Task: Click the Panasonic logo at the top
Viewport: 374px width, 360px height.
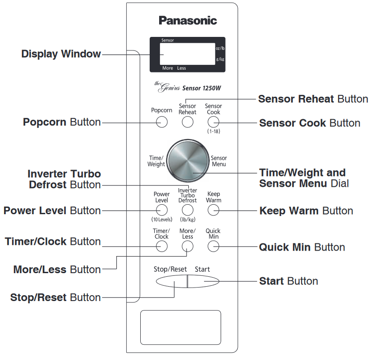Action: pyautogui.click(x=187, y=20)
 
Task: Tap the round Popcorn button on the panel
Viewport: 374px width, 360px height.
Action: pyautogui.click(x=162, y=122)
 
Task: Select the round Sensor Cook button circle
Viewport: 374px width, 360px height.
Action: pyautogui.click(x=213, y=122)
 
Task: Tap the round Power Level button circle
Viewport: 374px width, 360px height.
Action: pyautogui.click(x=162, y=210)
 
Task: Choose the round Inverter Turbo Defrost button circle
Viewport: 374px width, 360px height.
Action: pyautogui.click(x=187, y=210)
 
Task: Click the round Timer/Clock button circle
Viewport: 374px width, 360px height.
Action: pyautogui.click(x=162, y=246)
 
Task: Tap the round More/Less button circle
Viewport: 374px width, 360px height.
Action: pyautogui.click(x=187, y=246)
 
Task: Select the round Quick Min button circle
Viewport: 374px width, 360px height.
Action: pyautogui.click(x=213, y=246)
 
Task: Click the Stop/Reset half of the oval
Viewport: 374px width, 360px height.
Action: pyautogui.click(x=171, y=281)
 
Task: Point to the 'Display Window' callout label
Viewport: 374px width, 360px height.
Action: pyautogui.click(x=61, y=54)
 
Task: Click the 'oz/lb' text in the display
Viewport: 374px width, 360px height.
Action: pyautogui.click(x=220, y=48)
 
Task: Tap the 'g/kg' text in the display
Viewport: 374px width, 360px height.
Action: pyautogui.click(x=220, y=59)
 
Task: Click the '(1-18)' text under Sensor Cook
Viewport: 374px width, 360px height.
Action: pyautogui.click(x=213, y=131)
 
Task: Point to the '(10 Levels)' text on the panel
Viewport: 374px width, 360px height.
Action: pyautogui.click(x=162, y=220)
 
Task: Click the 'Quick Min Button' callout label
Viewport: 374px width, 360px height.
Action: pyautogui.click(x=302, y=247)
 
